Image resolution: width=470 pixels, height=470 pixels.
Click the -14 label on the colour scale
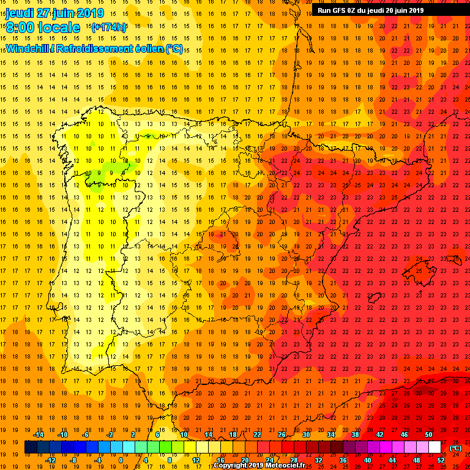point(38,435)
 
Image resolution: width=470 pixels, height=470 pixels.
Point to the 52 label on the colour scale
point(441,460)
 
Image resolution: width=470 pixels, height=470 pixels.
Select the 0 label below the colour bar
point(120,460)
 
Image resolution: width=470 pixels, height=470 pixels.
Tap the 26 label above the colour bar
point(282,435)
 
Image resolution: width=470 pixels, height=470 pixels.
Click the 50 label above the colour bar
point(428,435)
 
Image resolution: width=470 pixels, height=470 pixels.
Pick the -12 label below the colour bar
point(50,460)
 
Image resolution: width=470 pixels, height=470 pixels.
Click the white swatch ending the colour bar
point(435,447)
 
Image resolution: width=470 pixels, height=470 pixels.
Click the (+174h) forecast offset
point(109,28)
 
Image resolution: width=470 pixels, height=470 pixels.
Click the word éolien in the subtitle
point(149,48)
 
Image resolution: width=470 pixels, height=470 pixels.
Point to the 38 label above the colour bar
point(355,435)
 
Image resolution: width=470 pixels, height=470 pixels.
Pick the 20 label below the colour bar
point(245,460)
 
